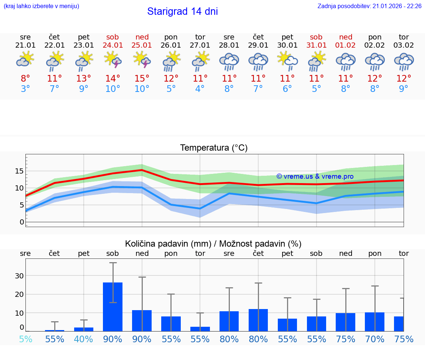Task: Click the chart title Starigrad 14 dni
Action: pyautogui.click(x=182, y=11)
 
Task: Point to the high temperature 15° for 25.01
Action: pyautogui.click(x=142, y=79)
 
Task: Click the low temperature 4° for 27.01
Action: pyautogui.click(x=200, y=89)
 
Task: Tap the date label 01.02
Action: pyautogui.click(x=345, y=45)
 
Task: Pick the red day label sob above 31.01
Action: pyautogui.click(x=316, y=37)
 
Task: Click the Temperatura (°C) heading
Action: pyautogui.click(x=214, y=148)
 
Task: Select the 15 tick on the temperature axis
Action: pyautogui.click(x=20, y=171)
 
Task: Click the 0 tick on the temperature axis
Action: pyautogui.click(x=22, y=222)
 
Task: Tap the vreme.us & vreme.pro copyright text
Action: pyautogui.click(x=315, y=176)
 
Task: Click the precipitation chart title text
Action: pyautogui.click(x=213, y=244)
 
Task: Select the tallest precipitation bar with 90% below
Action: pyautogui.click(x=113, y=306)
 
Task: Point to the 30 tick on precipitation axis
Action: pyautogui.click(x=20, y=276)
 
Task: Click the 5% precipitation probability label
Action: pyautogui.click(x=25, y=339)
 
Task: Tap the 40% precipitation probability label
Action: pyautogui.click(x=84, y=339)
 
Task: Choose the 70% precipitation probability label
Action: pyautogui.click(x=374, y=339)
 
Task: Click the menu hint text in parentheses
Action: pyautogui.click(x=41, y=6)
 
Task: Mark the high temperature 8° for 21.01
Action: pyautogui.click(x=25, y=79)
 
